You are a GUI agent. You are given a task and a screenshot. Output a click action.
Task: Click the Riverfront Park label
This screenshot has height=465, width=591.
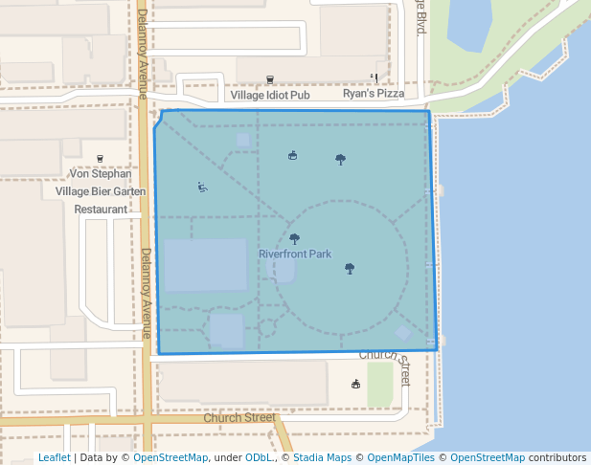pos(294,255)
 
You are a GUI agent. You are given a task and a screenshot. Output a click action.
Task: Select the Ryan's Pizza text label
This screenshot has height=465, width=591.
pos(374,95)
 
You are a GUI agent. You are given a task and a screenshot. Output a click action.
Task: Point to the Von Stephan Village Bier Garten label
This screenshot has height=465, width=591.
pos(101,190)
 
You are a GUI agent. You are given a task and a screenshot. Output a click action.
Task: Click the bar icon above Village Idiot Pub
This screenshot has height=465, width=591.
pos(269,79)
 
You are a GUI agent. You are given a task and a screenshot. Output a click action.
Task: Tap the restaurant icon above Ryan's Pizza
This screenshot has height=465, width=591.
pos(375,78)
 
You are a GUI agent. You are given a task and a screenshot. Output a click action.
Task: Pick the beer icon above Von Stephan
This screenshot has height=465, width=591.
pos(101,158)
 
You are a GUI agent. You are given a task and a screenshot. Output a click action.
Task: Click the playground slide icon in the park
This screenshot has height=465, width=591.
pos(202,187)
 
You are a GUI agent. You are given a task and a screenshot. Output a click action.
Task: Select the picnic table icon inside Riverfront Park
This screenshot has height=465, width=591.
pos(292,155)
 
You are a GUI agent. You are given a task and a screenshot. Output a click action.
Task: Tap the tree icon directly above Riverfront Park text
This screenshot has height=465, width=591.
pos(294,238)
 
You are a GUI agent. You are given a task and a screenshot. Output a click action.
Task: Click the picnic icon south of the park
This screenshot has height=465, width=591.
pos(355,385)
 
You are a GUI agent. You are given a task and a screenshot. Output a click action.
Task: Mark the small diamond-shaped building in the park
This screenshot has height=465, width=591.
pos(403,333)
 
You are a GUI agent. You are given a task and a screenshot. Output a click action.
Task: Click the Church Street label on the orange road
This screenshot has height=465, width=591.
pos(239,418)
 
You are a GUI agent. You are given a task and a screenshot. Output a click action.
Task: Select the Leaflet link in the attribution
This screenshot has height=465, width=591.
pos(54,458)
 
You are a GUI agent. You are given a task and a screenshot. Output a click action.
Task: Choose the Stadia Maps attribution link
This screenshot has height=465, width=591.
pos(322,458)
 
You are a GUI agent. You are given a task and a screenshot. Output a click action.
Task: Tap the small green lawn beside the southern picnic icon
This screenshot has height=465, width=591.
pos(380,384)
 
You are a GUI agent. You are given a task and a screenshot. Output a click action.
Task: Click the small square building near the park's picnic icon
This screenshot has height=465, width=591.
pos(243,140)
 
